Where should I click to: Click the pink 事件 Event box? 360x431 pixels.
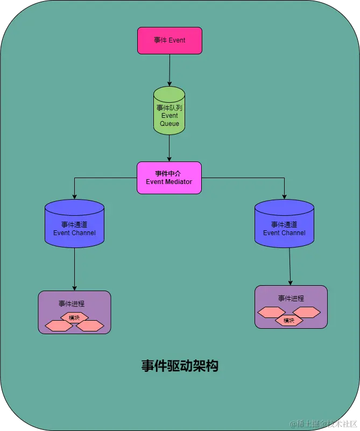(170, 40)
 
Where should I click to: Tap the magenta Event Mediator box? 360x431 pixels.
(169, 178)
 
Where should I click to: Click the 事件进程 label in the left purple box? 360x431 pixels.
(72, 303)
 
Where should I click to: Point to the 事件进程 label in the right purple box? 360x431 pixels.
(291, 298)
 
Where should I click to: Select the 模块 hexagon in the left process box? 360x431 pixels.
(74, 317)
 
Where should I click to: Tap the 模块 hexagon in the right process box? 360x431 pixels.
(289, 321)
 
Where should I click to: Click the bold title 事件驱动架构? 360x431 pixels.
(180, 366)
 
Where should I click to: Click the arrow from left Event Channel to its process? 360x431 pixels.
(74, 269)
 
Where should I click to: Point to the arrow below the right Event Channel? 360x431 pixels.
(290, 266)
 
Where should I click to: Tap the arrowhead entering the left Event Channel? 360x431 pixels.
(74, 196)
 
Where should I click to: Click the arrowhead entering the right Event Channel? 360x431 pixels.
(284, 196)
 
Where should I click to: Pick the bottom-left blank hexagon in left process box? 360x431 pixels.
(59, 326)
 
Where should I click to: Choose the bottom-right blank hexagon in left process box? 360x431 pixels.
(90, 326)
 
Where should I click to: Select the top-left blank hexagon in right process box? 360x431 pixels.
(272, 312)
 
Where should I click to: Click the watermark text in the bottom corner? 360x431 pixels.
(322, 424)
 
